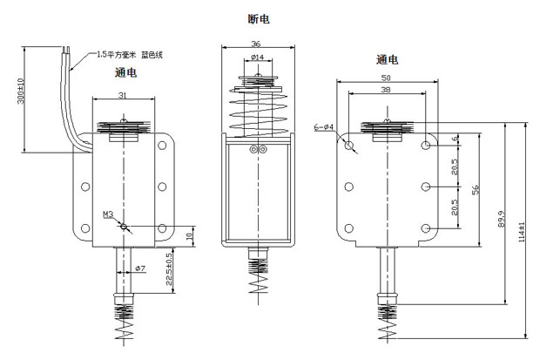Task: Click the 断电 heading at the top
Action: coord(258,17)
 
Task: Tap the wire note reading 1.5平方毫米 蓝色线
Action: coord(131,55)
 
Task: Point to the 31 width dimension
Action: coord(123,96)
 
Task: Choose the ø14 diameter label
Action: coord(256,58)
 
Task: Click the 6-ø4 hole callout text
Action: coord(324,128)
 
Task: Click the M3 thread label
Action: coord(108,214)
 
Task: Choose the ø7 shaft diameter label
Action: coord(138,268)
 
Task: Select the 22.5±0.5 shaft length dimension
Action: coord(170,268)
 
